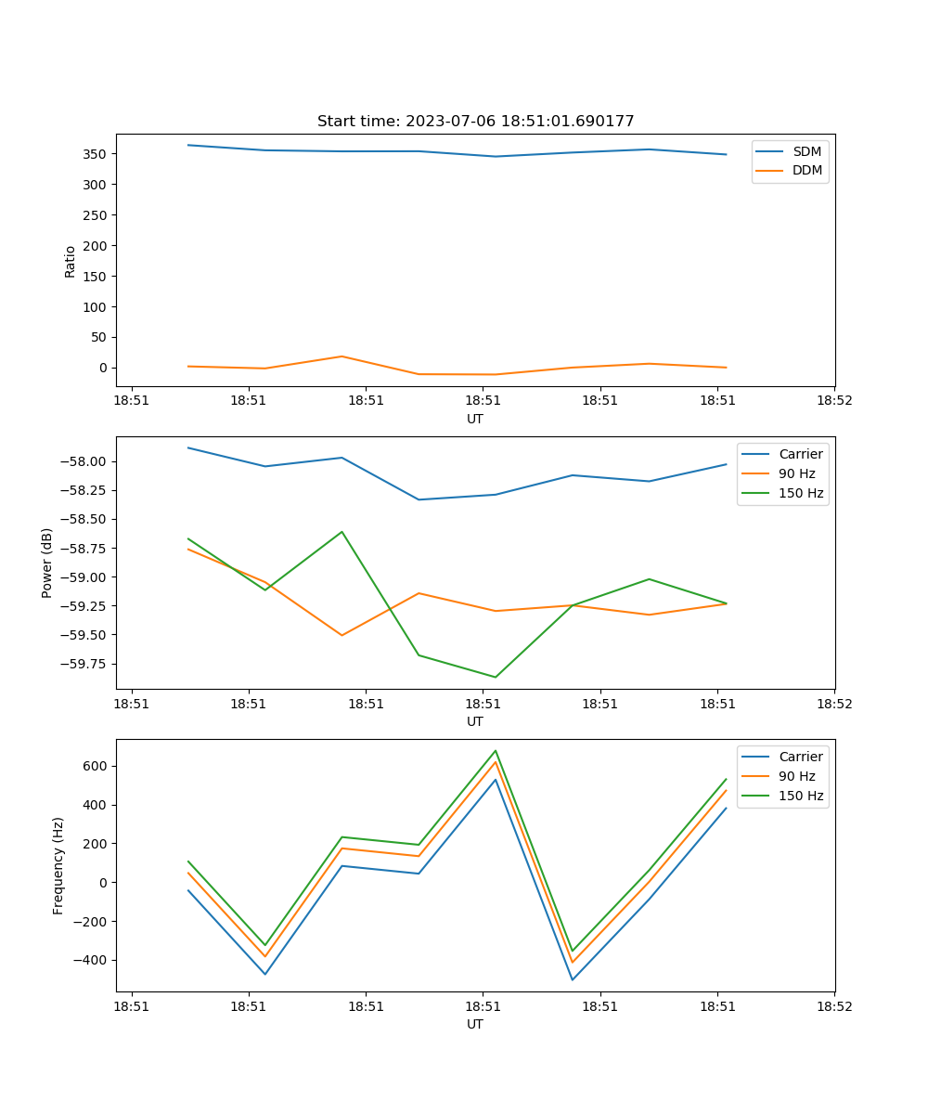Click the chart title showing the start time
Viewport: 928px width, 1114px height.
[x=475, y=122]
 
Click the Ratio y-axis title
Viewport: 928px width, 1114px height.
[x=71, y=262]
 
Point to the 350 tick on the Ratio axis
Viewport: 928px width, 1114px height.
[x=96, y=154]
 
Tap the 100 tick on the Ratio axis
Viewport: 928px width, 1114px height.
[x=96, y=307]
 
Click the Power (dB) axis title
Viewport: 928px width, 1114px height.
[x=47, y=563]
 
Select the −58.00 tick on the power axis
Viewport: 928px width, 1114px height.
[x=86, y=462]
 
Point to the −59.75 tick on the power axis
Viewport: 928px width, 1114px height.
[x=86, y=665]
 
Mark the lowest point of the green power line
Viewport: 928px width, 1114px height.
[x=495, y=677]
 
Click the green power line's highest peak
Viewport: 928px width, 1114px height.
[x=342, y=532]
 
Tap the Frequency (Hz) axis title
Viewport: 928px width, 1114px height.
[x=58, y=865]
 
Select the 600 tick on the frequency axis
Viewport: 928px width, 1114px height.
[x=96, y=767]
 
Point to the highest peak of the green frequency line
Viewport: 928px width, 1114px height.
[x=496, y=751]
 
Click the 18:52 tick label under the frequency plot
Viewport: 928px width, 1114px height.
[x=833, y=1004]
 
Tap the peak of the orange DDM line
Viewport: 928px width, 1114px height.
[x=342, y=356]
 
